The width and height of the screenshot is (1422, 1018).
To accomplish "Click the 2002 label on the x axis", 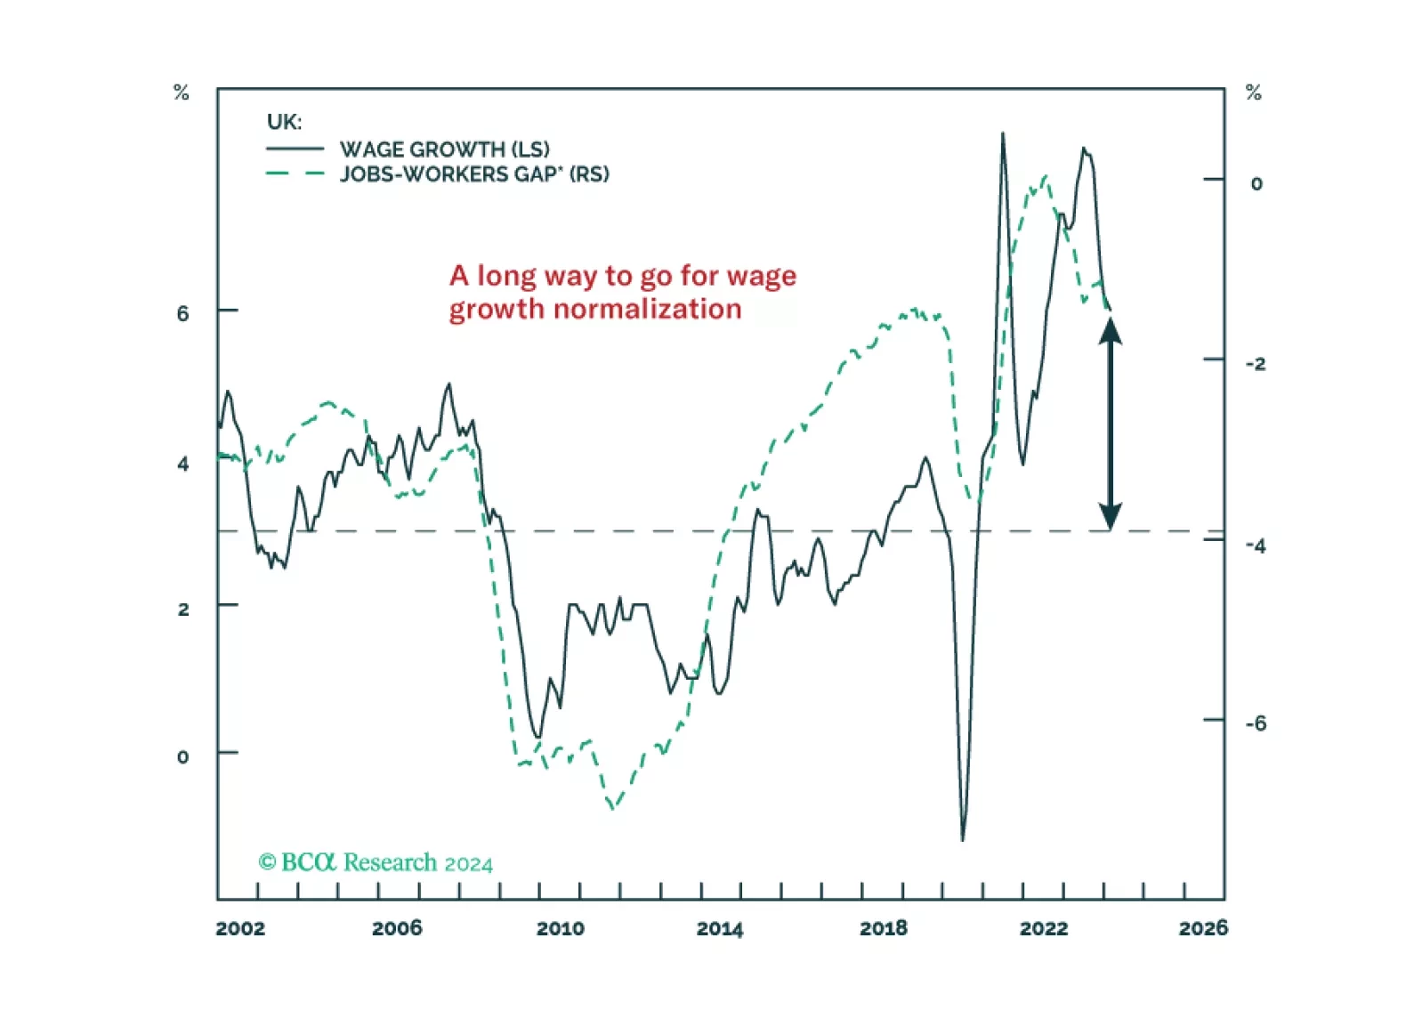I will coord(240,928).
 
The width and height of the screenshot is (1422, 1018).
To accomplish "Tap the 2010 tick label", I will coord(561,928).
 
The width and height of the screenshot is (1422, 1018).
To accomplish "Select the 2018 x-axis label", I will coord(884,928).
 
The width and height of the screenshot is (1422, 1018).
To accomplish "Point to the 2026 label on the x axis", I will coord(1203,928).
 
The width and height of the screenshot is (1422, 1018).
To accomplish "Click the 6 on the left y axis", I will coord(183,313).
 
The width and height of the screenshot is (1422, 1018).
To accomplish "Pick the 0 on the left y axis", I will coord(183,756).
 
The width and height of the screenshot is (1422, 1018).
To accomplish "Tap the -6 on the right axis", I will coord(1256,723).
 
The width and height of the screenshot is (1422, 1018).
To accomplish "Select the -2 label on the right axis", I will coord(1256,363).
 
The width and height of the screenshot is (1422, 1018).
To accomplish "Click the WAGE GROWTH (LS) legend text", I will coord(445,149).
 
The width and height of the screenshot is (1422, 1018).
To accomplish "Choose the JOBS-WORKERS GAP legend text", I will coord(474,174).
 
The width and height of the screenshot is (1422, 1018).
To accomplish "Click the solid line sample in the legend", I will coord(295,149).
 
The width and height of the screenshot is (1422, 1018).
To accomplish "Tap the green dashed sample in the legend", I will coord(295,173).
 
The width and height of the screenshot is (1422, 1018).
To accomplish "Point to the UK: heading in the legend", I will coord(285,122).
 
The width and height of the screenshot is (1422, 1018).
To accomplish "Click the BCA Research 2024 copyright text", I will coord(376,862).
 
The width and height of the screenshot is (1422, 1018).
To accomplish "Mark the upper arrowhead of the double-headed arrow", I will coord(1110,329).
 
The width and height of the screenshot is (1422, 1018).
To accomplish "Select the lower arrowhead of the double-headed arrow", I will coord(1110,516).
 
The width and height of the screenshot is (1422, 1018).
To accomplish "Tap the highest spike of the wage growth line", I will coord(1003,134).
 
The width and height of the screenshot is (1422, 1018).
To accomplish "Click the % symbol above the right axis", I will coord(1254,93).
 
